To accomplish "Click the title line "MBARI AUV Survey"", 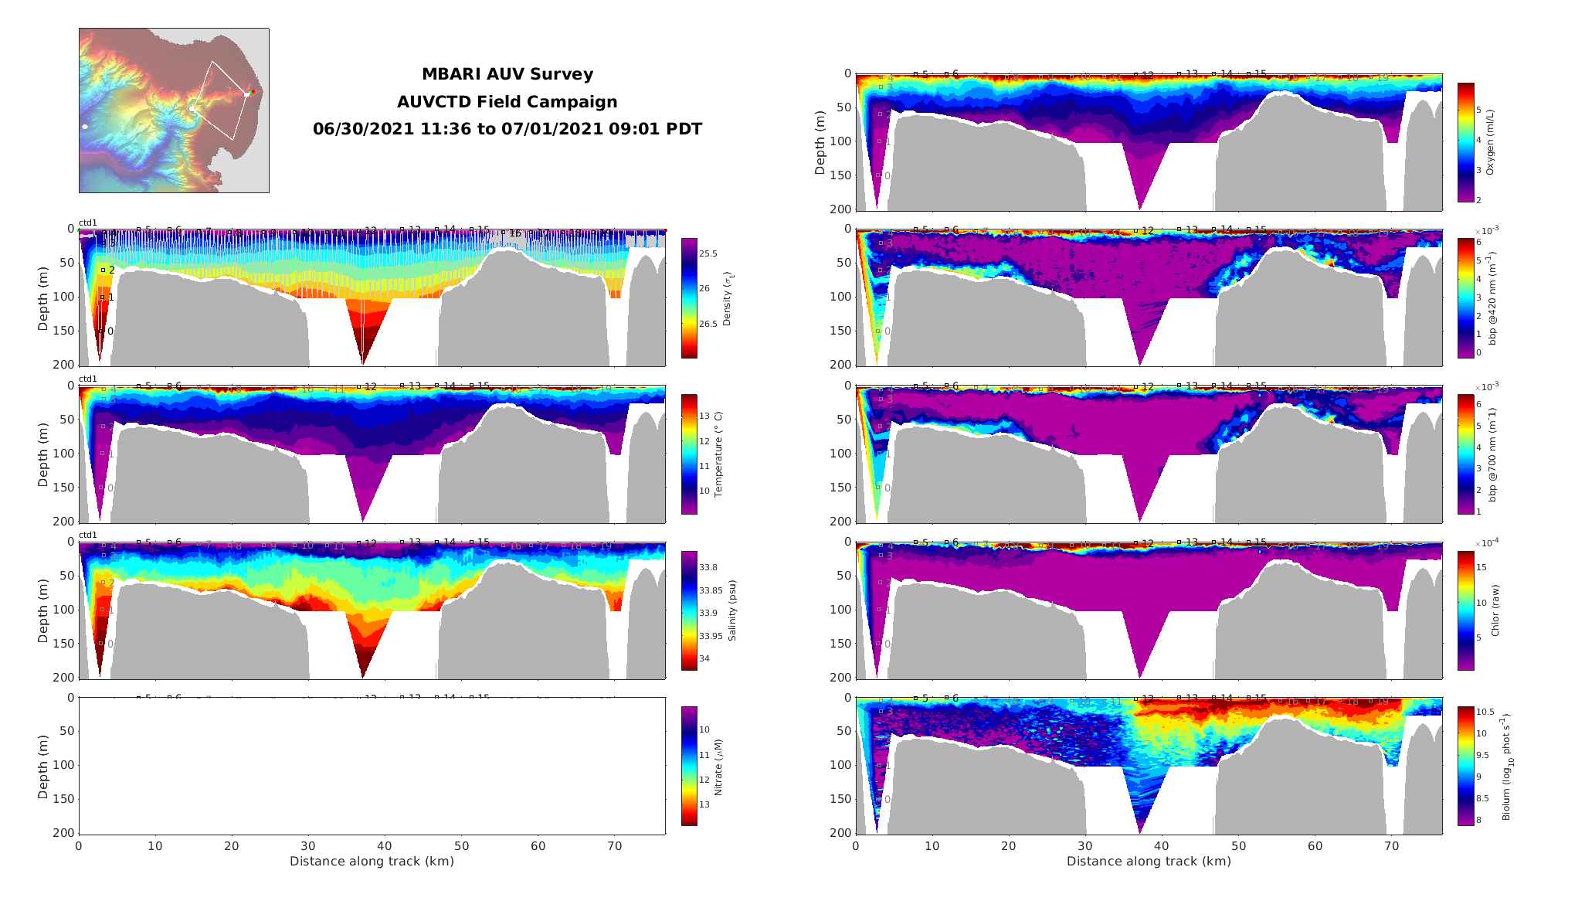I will point(507,75).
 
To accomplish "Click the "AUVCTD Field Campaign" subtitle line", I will point(507,102).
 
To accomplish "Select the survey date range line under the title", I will point(507,129).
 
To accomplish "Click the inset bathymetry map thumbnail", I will point(174,110).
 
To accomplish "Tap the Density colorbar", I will point(689,298).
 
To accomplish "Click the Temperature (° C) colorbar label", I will point(718,454).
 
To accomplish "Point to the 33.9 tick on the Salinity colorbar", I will point(708,613).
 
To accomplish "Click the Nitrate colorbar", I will point(689,766).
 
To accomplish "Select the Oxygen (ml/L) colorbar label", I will point(1490,142).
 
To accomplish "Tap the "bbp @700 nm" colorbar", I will point(1465,454).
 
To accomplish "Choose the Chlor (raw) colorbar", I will point(1465,610).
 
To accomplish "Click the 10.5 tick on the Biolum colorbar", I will point(1485,712).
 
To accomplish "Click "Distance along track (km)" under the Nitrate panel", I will point(372,862).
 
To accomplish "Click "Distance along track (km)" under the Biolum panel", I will point(1149,862).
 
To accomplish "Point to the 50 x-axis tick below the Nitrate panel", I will point(462,846).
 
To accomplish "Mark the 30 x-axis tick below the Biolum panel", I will point(1085,846).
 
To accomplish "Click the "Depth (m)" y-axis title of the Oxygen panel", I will point(820,142).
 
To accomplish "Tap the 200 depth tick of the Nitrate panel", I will point(66,833).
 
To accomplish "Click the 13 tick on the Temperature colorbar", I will point(704,416).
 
